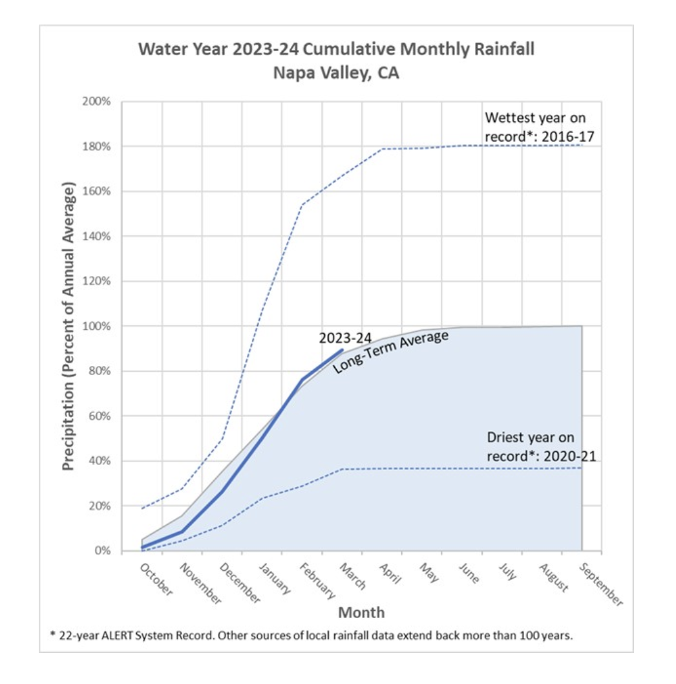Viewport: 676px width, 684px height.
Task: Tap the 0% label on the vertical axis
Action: coord(103,551)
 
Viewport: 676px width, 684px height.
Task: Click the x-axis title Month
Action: coord(361,612)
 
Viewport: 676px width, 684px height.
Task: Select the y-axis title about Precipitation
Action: coord(69,326)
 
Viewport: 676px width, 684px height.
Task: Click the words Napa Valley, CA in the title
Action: coord(336,72)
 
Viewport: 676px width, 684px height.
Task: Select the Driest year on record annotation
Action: coord(540,447)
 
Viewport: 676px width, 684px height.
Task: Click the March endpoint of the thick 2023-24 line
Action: coord(342,350)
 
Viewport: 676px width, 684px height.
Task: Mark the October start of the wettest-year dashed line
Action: coord(142,508)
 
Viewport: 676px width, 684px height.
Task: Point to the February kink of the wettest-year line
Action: coord(302,205)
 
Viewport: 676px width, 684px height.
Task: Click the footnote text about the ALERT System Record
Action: coord(312,635)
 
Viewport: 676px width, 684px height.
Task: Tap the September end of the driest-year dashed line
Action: coord(582,467)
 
